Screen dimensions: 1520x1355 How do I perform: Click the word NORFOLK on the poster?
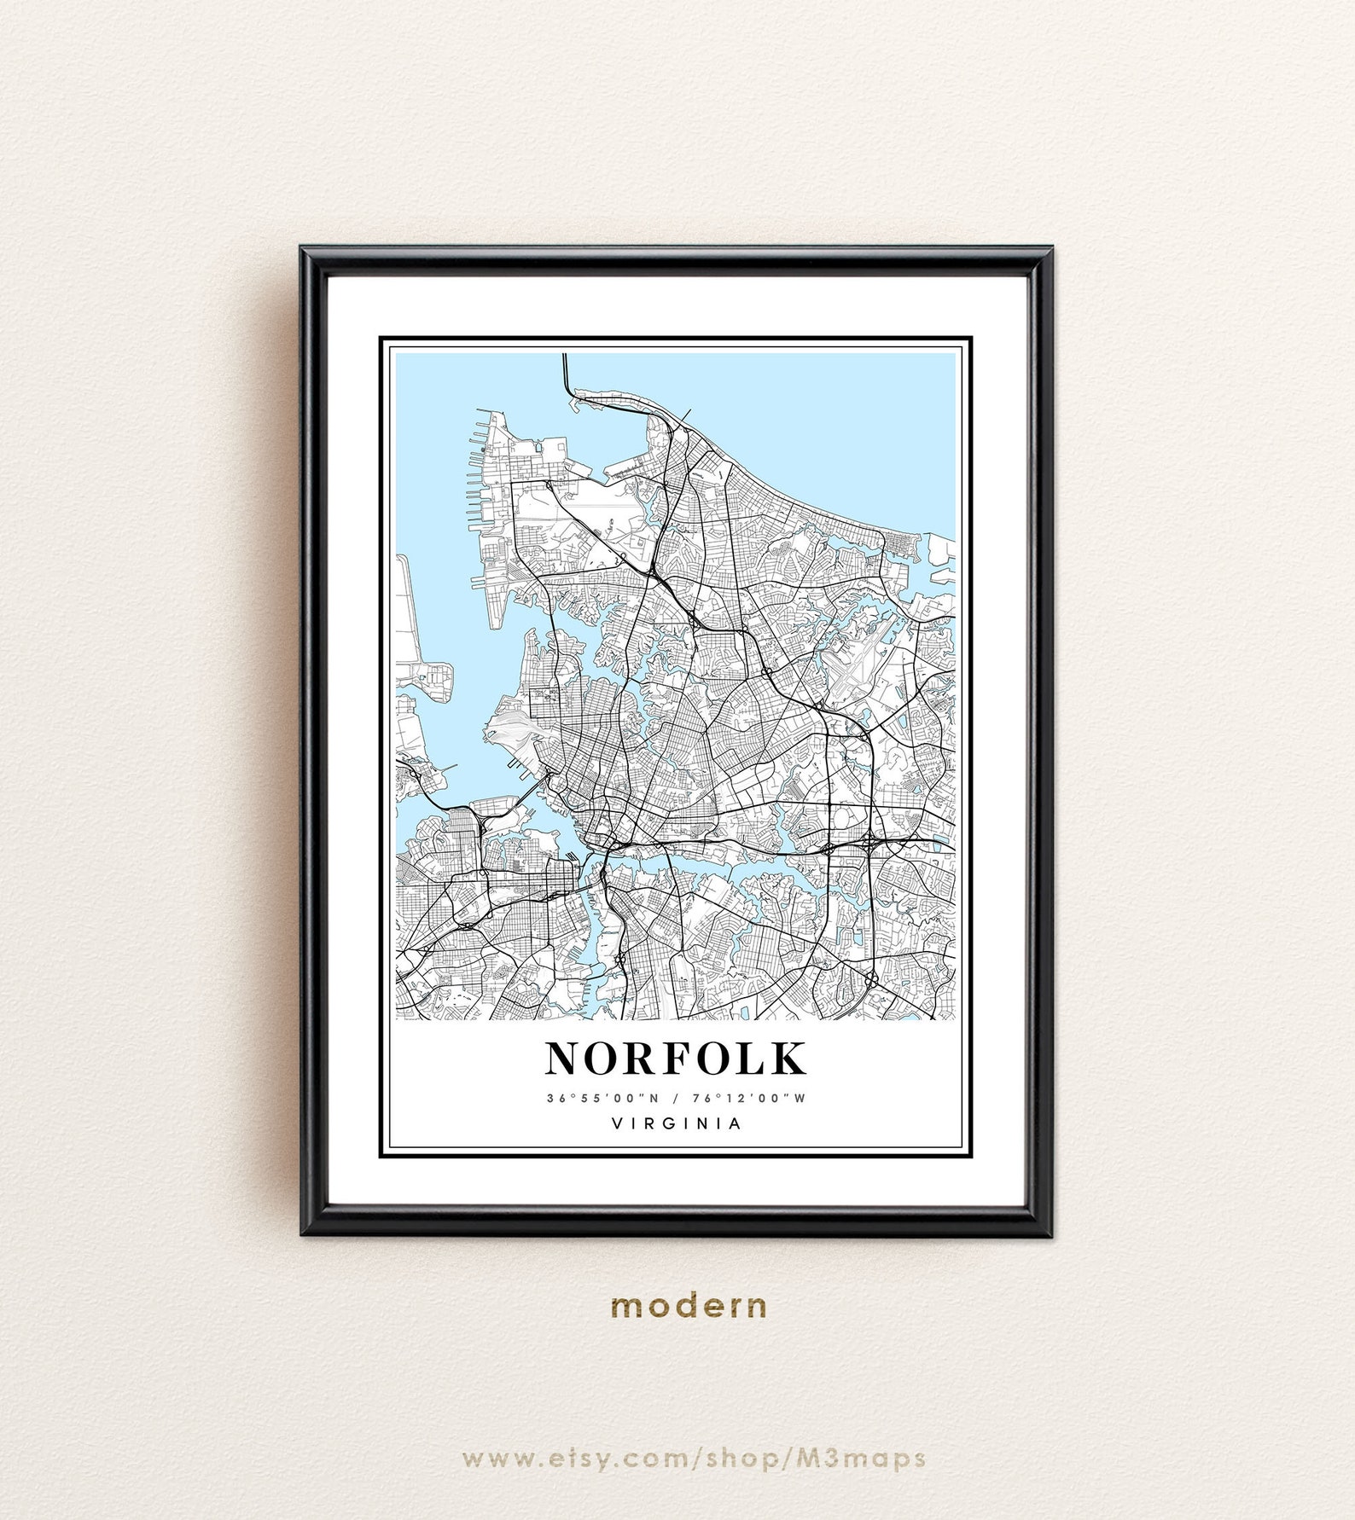point(676,1059)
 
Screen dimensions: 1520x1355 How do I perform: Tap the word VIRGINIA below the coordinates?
point(677,1123)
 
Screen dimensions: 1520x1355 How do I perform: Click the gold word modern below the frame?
point(689,1306)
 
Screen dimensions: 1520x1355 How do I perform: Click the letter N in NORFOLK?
point(565,1059)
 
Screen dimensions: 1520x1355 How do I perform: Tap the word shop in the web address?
point(740,1458)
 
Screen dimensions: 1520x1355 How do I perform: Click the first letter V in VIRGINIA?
point(616,1123)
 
